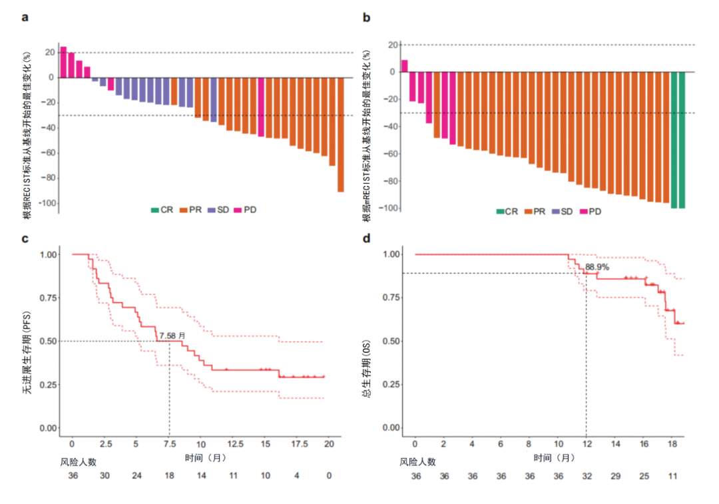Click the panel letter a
(25, 18)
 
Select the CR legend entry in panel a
(161, 210)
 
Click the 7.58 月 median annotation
(172, 335)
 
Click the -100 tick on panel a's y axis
(45, 203)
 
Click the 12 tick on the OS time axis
(586, 443)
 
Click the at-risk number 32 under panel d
(586, 477)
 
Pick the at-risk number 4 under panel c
(297, 477)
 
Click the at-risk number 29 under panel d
(615, 477)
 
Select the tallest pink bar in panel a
(63, 62)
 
